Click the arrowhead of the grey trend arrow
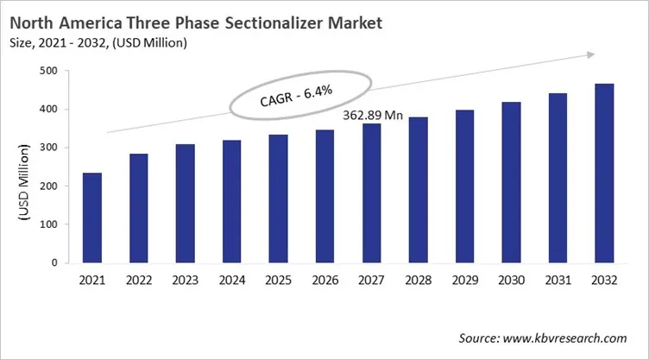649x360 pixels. (590, 55)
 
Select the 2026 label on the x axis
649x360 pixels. (324, 281)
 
